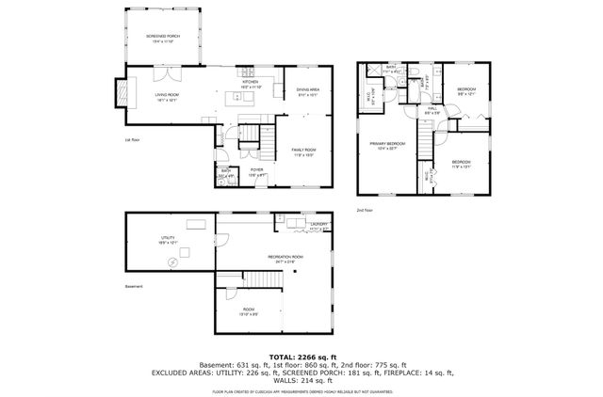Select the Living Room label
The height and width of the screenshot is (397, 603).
[167, 96]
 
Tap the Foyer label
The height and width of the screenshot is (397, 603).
[255, 172]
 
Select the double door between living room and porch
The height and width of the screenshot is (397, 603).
[167, 72]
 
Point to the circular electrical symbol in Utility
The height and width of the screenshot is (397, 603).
[172, 263]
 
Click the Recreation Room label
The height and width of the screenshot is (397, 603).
[285, 258]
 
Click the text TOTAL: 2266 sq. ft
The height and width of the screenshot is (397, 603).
[301, 357]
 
